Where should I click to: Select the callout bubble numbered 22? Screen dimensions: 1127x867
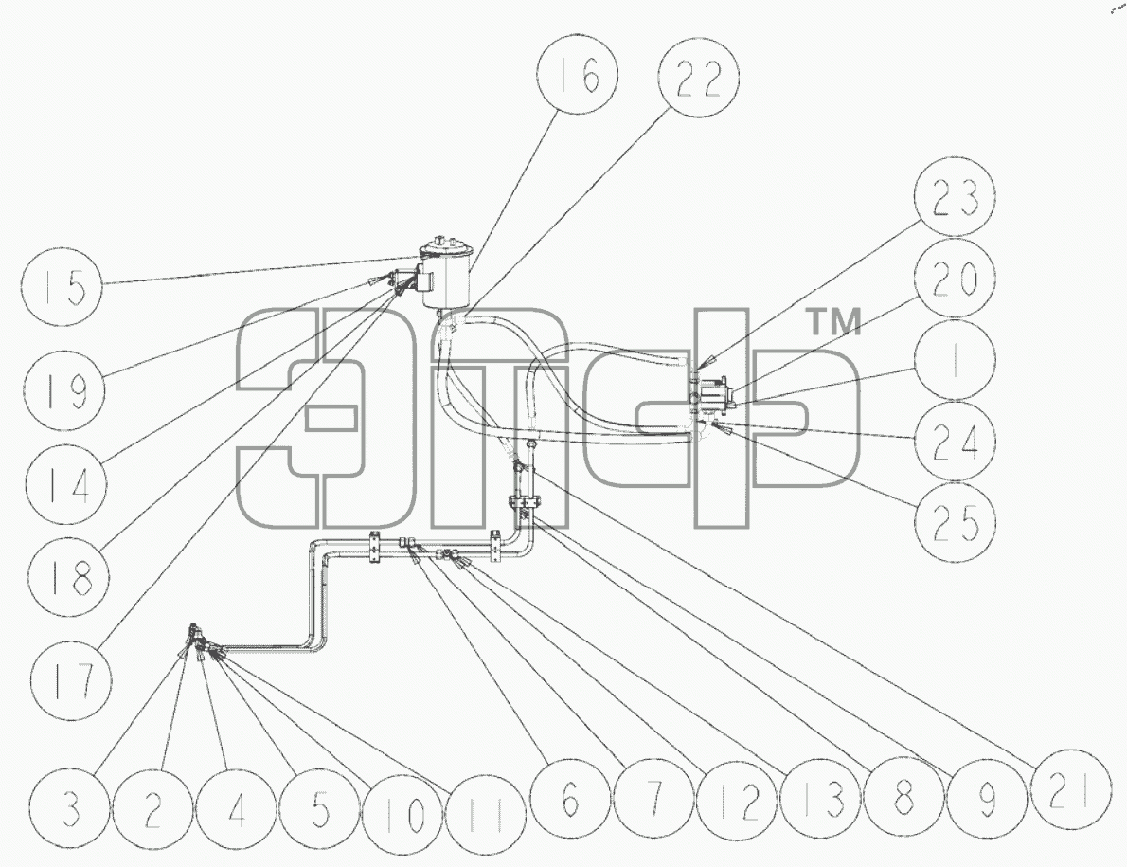point(699,76)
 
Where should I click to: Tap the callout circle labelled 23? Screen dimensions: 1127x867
point(956,195)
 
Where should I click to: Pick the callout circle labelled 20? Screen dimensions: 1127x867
point(956,278)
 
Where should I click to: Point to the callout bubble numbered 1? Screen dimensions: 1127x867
point(956,359)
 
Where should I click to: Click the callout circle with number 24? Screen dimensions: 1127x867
point(956,441)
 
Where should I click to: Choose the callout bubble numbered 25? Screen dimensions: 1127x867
point(956,523)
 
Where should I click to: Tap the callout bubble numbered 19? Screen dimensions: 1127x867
point(63,390)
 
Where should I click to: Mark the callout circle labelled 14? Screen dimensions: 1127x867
point(66,483)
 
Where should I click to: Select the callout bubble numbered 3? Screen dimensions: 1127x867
point(70,808)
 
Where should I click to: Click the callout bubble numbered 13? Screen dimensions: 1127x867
point(821,800)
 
